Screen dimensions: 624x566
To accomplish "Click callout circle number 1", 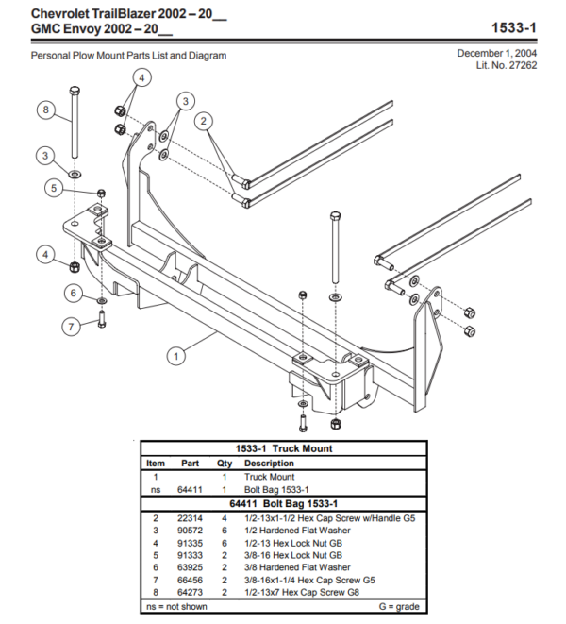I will pyautogui.click(x=175, y=356).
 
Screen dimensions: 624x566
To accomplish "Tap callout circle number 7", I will pyautogui.click(x=70, y=328).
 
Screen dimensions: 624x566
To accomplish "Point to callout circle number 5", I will pyautogui.click(x=56, y=188).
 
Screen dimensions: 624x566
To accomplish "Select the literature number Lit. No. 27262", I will pyautogui.click(x=508, y=65).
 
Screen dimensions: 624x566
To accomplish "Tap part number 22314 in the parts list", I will pyautogui.click(x=190, y=518).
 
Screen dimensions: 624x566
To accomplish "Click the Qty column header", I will pyautogui.click(x=225, y=464).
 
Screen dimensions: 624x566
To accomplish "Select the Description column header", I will pyautogui.click(x=269, y=464).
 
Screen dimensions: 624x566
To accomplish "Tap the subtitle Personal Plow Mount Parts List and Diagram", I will pyautogui.click(x=128, y=56).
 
